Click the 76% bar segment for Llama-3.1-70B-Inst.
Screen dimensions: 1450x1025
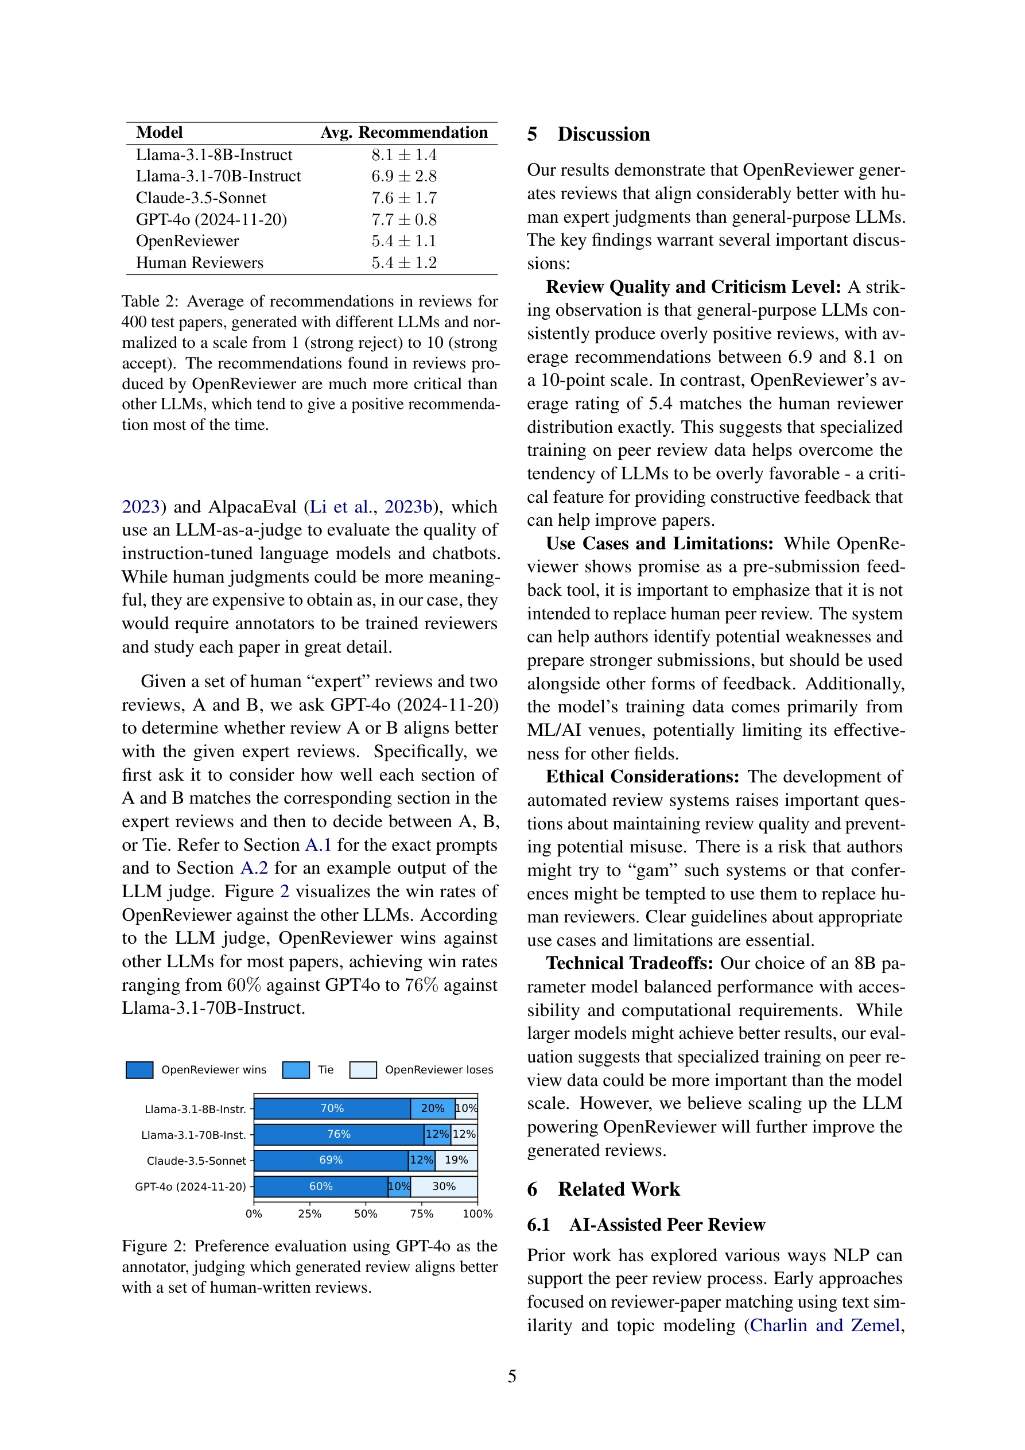[339, 1134]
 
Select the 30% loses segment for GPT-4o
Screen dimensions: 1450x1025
[444, 1186]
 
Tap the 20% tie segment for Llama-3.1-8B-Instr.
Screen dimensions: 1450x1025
[433, 1108]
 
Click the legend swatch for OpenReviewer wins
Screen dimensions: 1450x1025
[139, 1070]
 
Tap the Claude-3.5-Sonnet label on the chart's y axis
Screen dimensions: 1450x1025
[196, 1161]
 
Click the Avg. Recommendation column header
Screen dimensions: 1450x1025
[404, 133]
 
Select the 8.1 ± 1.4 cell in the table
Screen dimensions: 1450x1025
[404, 156]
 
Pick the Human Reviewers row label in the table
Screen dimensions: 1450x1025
[200, 263]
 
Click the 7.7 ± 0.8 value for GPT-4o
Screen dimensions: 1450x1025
[404, 220]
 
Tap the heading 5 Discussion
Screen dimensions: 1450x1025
[589, 134]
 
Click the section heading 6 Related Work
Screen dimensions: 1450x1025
[603, 1189]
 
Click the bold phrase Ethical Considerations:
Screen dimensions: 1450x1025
[642, 777]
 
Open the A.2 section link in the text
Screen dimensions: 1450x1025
[254, 869]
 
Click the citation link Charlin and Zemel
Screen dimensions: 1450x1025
[824, 1325]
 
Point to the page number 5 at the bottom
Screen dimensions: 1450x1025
[512, 1376]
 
